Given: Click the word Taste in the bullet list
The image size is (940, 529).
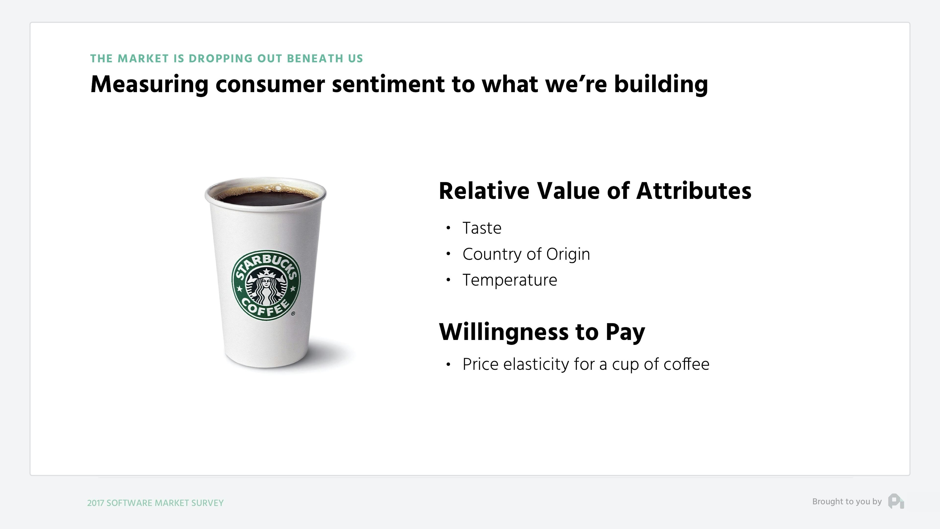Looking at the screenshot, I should click(482, 228).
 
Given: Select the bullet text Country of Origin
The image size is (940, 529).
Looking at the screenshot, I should click(526, 254).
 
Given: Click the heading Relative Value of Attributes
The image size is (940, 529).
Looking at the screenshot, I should click(595, 191).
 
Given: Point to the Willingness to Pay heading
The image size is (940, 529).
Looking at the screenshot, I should click(542, 332).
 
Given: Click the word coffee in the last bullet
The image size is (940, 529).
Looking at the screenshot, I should click(686, 364).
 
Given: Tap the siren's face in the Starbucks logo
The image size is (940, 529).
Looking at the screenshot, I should click(266, 282).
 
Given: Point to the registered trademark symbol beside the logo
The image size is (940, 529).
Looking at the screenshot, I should click(293, 313).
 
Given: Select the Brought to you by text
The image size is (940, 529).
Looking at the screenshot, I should click(846, 502).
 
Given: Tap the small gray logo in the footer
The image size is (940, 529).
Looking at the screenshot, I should click(896, 501).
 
